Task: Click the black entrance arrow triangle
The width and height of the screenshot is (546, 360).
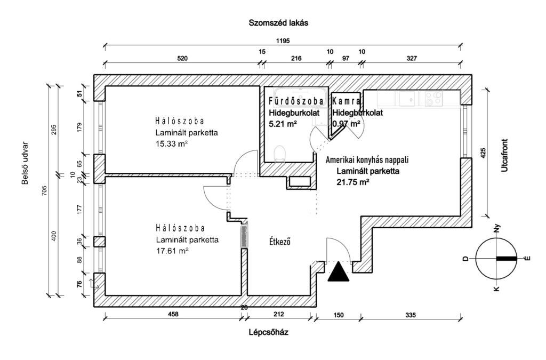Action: point(339,272)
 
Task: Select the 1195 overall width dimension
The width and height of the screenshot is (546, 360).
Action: point(283,41)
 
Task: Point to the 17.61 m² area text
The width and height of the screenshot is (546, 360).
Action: point(172,251)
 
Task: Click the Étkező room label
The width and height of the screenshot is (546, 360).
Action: point(280,241)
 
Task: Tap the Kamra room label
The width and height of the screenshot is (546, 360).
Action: point(347,101)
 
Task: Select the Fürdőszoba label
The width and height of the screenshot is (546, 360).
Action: point(296,101)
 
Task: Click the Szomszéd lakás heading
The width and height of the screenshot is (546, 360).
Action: point(278,23)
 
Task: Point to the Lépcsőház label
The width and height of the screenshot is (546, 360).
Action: point(269,332)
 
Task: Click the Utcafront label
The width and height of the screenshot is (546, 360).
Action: point(504,155)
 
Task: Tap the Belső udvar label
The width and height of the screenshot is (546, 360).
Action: point(25,163)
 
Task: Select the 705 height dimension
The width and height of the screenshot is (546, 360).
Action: point(44,191)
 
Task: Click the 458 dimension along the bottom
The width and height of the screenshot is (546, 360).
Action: point(173,314)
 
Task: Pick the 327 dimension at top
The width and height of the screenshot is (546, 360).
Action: point(412,59)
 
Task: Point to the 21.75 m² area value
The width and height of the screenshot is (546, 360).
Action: point(353,182)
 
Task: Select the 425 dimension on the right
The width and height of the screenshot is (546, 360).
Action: point(483,153)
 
